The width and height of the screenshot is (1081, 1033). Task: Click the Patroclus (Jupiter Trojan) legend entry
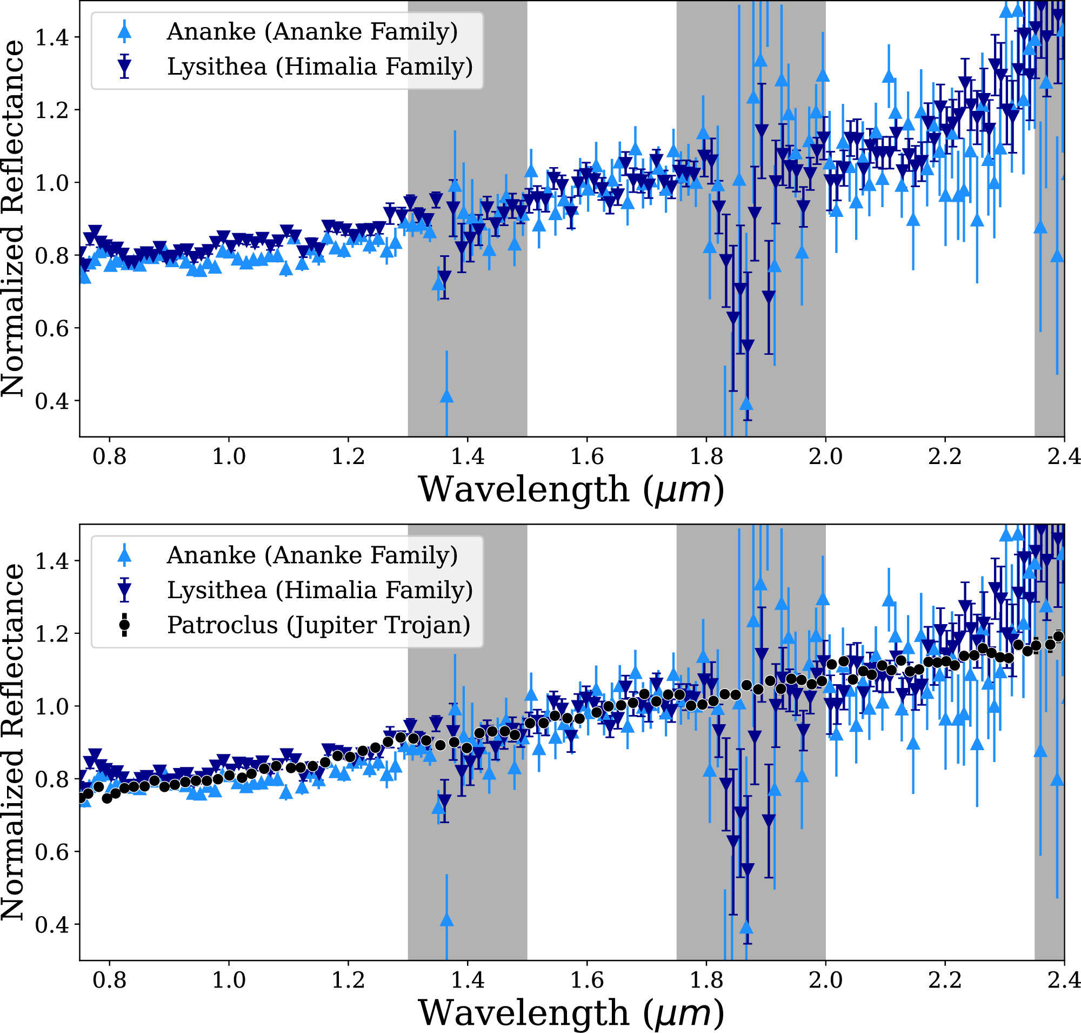pyautogui.click(x=319, y=625)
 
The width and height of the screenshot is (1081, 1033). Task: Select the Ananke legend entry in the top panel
pyautogui.click(x=312, y=32)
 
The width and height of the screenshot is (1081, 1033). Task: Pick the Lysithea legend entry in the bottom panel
pyautogui.click(x=320, y=590)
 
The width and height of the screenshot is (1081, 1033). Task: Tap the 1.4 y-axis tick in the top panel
pyautogui.click(x=52, y=37)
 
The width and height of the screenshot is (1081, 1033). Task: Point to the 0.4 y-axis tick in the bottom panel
pyautogui.click(x=52, y=924)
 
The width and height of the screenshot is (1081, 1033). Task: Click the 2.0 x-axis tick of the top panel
pyautogui.click(x=825, y=456)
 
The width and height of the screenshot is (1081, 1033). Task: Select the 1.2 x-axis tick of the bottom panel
pyautogui.click(x=348, y=980)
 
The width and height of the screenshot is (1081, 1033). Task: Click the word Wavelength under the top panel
pyautogui.click(x=523, y=489)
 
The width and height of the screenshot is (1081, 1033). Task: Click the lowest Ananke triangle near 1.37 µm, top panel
pyautogui.click(x=446, y=396)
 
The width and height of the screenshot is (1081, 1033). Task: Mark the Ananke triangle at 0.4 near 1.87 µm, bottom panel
pyautogui.click(x=746, y=928)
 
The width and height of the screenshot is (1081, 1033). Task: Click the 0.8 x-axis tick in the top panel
pyautogui.click(x=110, y=456)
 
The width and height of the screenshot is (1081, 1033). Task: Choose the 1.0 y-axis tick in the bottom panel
pyautogui.click(x=52, y=706)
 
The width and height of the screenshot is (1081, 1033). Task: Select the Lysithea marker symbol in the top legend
pyautogui.click(x=125, y=67)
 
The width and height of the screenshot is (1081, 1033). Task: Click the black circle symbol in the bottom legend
pyautogui.click(x=125, y=625)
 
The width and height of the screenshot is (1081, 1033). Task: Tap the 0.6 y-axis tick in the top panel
pyautogui.click(x=52, y=329)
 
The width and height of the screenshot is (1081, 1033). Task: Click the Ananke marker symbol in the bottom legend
pyautogui.click(x=125, y=555)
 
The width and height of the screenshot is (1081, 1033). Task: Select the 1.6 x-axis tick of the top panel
pyautogui.click(x=587, y=456)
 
